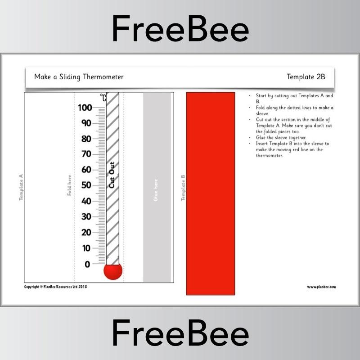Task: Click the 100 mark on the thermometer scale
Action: [85, 108]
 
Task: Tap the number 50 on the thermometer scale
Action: [86, 185]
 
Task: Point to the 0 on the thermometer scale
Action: [87, 264]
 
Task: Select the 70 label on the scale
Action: [86, 154]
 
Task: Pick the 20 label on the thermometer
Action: [86, 232]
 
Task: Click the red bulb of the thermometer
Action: [112, 271]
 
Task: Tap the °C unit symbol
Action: [103, 97]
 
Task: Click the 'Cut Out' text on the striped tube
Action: [112, 175]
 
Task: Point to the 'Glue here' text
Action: [156, 190]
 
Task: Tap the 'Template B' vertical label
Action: [183, 188]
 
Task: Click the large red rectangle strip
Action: [210, 193]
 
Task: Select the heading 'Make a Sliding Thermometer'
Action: [79, 77]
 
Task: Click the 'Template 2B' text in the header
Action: [306, 77]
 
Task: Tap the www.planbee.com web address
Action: [321, 287]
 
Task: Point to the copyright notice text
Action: [55, 287]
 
